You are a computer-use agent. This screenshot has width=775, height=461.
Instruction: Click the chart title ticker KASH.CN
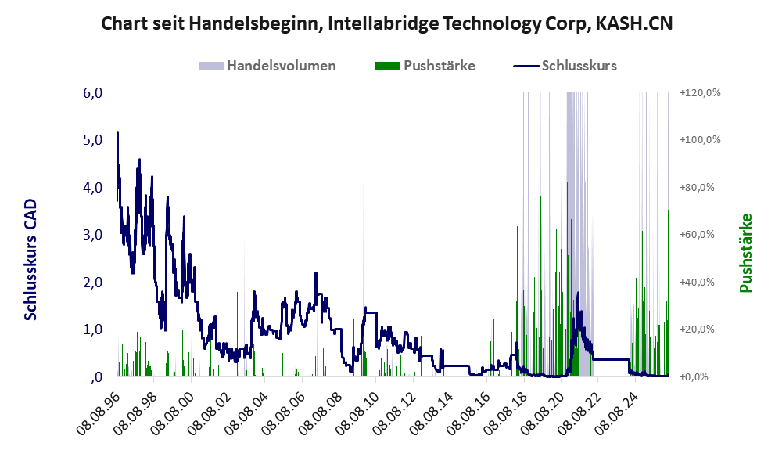click(x=634, y=23)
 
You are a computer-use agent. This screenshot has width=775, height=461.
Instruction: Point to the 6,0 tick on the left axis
click(x=93, y=93)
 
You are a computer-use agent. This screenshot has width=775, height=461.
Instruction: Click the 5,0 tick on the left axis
click(x=93, y=140)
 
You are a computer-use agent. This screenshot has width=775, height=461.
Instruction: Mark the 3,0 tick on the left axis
click(x=93, y=235)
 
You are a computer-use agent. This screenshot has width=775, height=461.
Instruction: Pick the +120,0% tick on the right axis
click(x=700, y=93)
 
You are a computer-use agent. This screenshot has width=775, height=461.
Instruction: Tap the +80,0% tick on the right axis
click(x=697, y=188)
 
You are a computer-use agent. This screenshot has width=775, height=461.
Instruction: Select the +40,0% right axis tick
click(x=697, y=282)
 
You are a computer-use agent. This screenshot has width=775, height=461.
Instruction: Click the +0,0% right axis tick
click(x=694, y=377)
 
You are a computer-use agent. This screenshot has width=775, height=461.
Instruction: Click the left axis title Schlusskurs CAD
click(x=30, y=260)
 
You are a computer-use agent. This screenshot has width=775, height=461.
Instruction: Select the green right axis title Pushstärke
click(x=746, y=253)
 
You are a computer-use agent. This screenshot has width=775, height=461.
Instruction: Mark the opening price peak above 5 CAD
click(x=117, y=132)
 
